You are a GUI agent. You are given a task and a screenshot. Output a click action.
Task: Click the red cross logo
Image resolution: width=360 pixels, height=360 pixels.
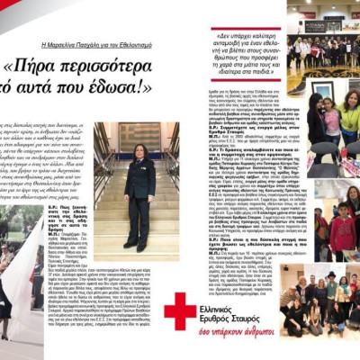pos(179,310)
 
